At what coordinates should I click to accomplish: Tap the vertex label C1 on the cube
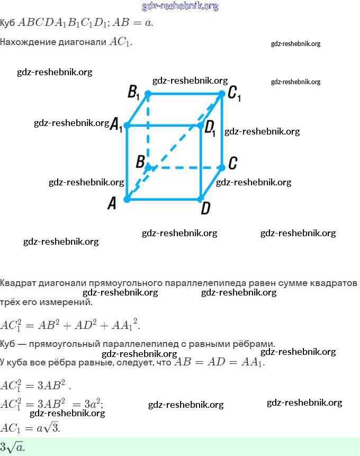pos(234,94)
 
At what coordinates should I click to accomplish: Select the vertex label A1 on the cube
pos(116,125)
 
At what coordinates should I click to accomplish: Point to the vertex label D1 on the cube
pos(210,127)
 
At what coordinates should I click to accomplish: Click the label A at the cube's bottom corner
pos(112,203)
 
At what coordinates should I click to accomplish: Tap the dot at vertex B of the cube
pos(148,167)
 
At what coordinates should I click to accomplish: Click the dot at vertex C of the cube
pos(222,167)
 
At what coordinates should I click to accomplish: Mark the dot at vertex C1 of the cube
pos(222,94)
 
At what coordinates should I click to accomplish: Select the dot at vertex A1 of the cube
pos(127,126)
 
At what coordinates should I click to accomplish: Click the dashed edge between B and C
pos(185,167)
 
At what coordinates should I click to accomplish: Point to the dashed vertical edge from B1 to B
pos(148,130)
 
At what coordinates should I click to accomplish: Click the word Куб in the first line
pos(7,23)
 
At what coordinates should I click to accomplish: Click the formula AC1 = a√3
pos(31,427)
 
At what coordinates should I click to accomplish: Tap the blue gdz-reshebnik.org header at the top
pos(180,6)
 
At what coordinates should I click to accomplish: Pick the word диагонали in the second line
pos(86,42)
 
